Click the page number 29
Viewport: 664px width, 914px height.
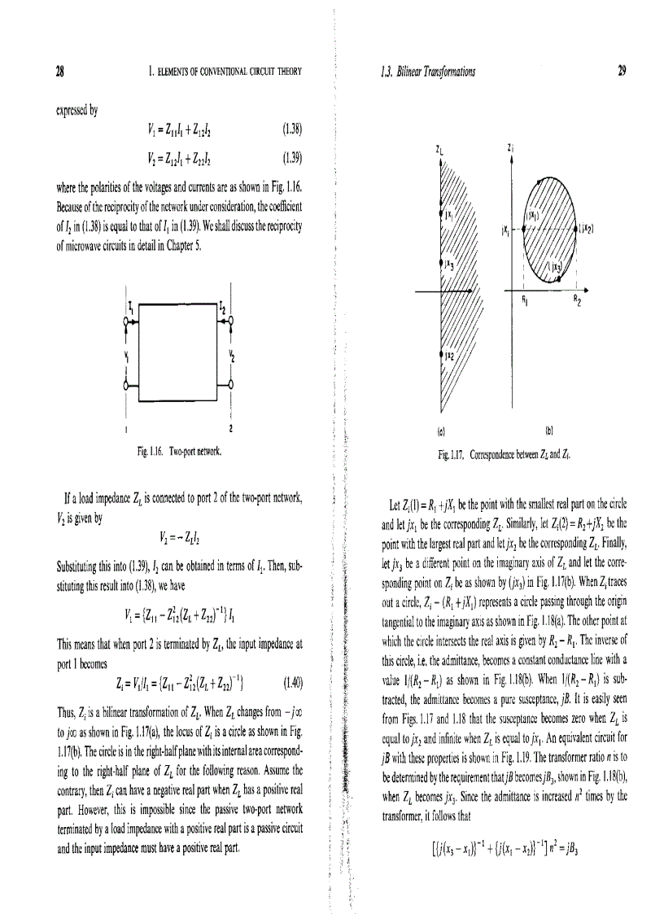[621, 72]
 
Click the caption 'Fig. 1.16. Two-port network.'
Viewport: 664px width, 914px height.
[181, 449]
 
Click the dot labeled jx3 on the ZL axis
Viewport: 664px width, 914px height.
[441, 262]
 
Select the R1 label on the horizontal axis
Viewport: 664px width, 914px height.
[525, 300]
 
